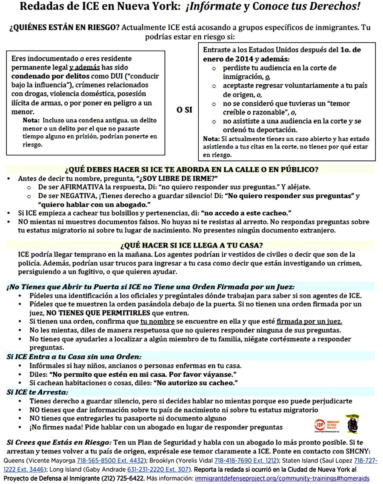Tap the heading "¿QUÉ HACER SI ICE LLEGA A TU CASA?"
pos(191,245)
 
